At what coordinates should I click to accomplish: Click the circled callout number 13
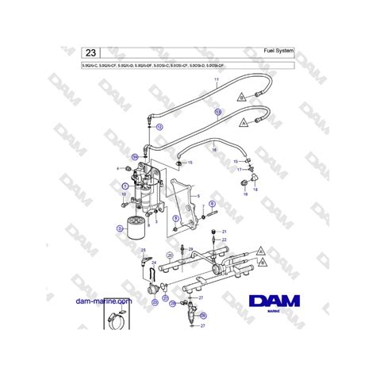[218, 113]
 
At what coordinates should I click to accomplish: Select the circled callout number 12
[159, 126]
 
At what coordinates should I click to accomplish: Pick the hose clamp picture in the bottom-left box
[114, 323]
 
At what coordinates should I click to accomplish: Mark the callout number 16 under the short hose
[213, 148]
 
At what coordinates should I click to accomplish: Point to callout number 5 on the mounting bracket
[198, 194]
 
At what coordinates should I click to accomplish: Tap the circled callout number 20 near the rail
[169, 255]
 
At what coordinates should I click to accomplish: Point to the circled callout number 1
[125, 185]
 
